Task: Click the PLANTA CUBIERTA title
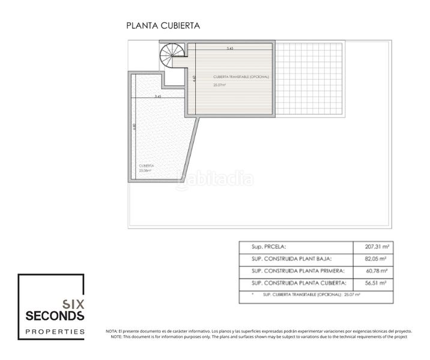point(162,26)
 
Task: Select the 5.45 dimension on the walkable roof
point(230,48)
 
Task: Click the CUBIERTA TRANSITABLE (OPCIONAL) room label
point(241,77)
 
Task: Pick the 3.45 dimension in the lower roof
point(158,96)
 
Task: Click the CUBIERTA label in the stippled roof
point(147,166)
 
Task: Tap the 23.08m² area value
point(145,170)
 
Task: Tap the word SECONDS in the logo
point(52,315)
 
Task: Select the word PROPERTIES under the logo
point(52,331)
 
